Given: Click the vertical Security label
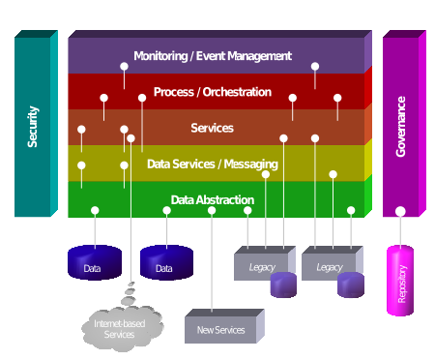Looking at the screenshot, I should click(x=33, y=127).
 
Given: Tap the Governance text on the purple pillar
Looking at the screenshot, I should click(x=401, y=126).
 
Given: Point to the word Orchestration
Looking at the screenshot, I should click(x=237, y=92).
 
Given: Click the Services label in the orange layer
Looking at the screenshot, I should click(x=212, y=128).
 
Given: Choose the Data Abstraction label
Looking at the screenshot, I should click(x=213, y=200).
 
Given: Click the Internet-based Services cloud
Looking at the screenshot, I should click(x=118, y=328).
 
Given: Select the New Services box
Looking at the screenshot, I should click(x=220, y=330).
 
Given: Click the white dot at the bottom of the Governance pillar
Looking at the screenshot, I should click(x=400, y=211).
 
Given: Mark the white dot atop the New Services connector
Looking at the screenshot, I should click(x=212, y=210).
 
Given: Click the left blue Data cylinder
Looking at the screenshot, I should click(x=94, y=264).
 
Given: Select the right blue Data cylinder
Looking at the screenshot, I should click(x=166, y=264).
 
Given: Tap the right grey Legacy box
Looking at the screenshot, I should click(x=328, y=265).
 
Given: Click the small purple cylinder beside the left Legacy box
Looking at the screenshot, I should click(x=283, y=285).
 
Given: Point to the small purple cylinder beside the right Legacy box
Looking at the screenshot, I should click(x=351, y=285).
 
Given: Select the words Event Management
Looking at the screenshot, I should click(x=243, y=56).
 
